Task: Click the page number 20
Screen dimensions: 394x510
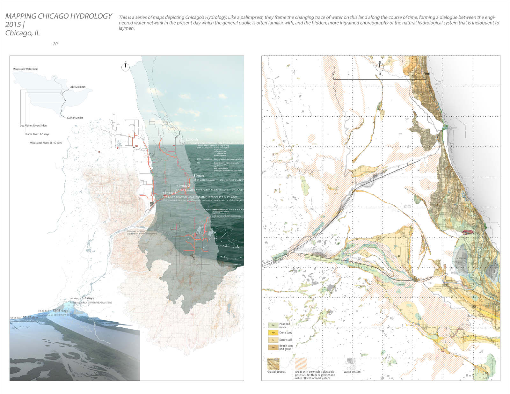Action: point(55,44)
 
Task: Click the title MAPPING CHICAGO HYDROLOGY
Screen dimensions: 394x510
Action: point(59,16)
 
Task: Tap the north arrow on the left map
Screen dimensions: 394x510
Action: point(126,67)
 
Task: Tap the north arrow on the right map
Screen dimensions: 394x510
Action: point(380,67)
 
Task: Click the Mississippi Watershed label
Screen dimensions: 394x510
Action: point(25,69)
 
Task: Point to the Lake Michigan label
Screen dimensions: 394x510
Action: point(77,87)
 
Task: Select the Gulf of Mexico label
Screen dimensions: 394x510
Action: point(75,118)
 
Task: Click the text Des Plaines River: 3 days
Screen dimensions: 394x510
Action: point(33,126)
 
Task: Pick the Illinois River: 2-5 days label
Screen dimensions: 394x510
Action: point(37,134)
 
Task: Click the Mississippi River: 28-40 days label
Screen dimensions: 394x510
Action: point(46,143)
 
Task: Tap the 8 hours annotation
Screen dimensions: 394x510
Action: point(199,176)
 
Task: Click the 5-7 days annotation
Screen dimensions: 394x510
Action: point(88,298)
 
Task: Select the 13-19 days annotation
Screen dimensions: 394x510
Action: point(60,310)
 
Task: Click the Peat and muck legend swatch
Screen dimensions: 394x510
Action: point(273,325)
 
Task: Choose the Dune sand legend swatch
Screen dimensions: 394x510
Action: point(273,333)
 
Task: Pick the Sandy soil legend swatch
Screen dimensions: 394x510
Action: point(273,340)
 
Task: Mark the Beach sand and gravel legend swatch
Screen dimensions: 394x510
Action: point(273,347)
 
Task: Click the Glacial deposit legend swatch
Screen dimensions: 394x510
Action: point(273,363)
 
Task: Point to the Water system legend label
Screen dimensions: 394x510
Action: point(352,372)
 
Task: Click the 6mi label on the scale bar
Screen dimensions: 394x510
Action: point(427,74)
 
